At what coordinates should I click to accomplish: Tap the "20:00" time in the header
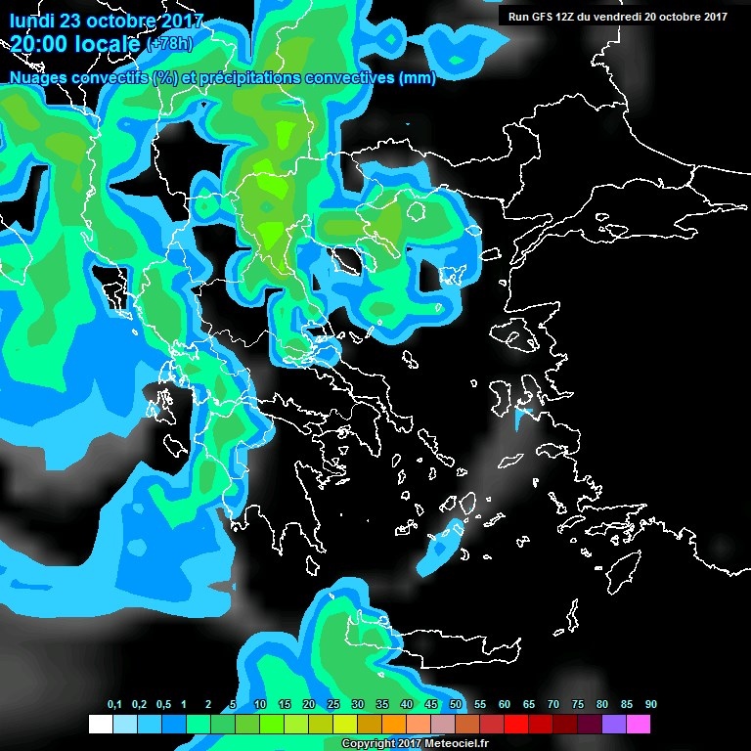[38, 42]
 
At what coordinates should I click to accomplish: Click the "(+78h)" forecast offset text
[169, 43]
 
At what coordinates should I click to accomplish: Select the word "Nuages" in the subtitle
[36, 78]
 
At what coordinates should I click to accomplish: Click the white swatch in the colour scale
[100, 725]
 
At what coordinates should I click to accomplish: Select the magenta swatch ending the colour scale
[638, 725]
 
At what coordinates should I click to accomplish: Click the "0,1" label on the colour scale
[114, 705]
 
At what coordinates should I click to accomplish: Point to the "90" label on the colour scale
[650, 705]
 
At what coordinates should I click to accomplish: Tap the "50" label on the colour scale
[455, 705]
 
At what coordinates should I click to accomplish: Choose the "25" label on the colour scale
[332, 705]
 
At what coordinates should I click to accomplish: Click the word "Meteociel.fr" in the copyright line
[457, 744]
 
